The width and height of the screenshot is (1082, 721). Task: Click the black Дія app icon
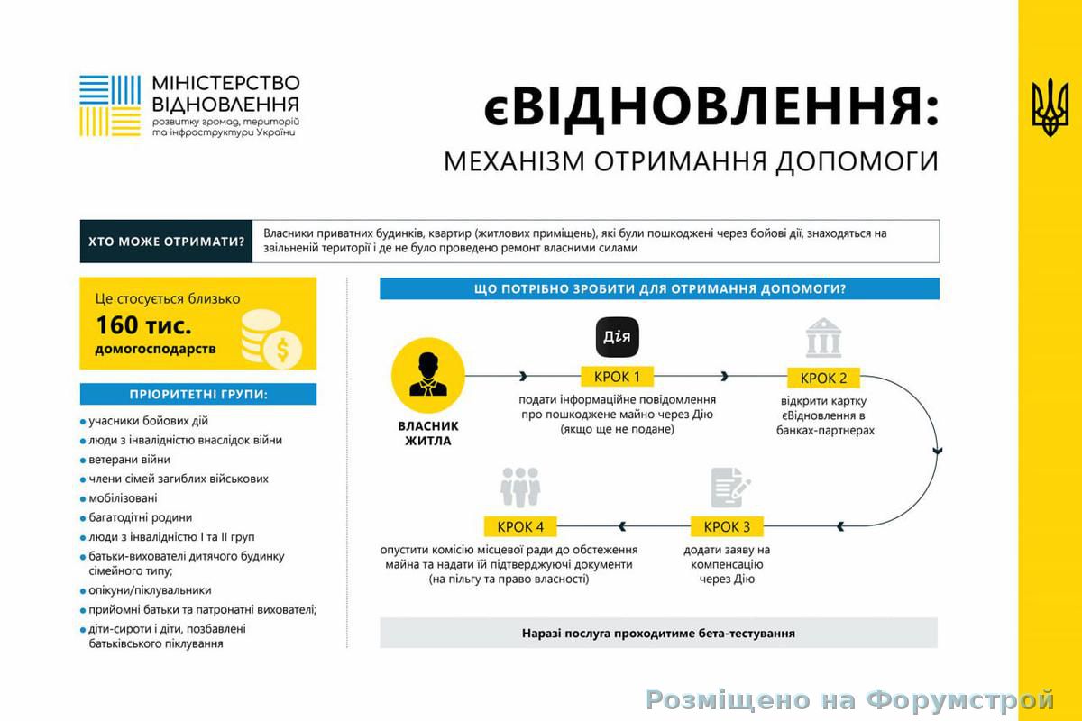617,337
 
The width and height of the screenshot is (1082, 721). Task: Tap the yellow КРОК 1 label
617,377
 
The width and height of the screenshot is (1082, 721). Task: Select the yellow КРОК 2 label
823,379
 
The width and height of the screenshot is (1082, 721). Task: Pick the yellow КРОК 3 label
727,526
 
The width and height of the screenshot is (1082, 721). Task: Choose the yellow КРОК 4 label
520,526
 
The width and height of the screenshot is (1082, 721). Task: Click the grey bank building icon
823,338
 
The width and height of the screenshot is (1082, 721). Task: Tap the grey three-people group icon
520,488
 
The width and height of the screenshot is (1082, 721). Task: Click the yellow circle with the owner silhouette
428,375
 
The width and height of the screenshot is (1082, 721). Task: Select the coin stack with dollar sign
271,339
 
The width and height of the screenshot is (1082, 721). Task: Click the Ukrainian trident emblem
1050,107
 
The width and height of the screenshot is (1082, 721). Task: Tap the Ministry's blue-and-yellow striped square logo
110,105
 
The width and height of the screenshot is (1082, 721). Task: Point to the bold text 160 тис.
143,325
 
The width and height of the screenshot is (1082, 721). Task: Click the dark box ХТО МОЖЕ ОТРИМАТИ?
166,242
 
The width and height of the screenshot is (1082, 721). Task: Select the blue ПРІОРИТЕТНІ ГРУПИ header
198,394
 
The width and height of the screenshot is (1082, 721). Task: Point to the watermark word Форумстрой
959,700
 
